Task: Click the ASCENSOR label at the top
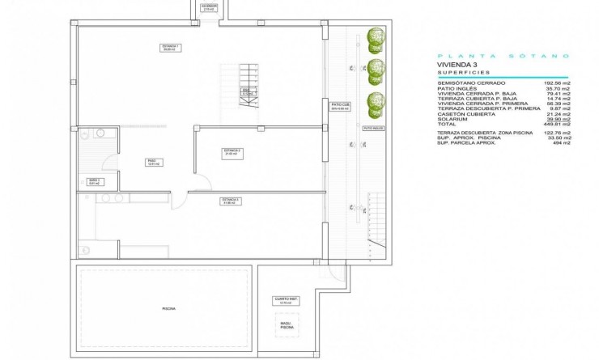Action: [209, 6]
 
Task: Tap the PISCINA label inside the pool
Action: [168, 308]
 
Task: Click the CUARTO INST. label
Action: [287, 300]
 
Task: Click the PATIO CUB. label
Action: [341, 105]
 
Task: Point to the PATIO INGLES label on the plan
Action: [372, 128]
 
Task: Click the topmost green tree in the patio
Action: [375, 36]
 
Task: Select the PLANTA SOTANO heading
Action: [502, 56]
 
